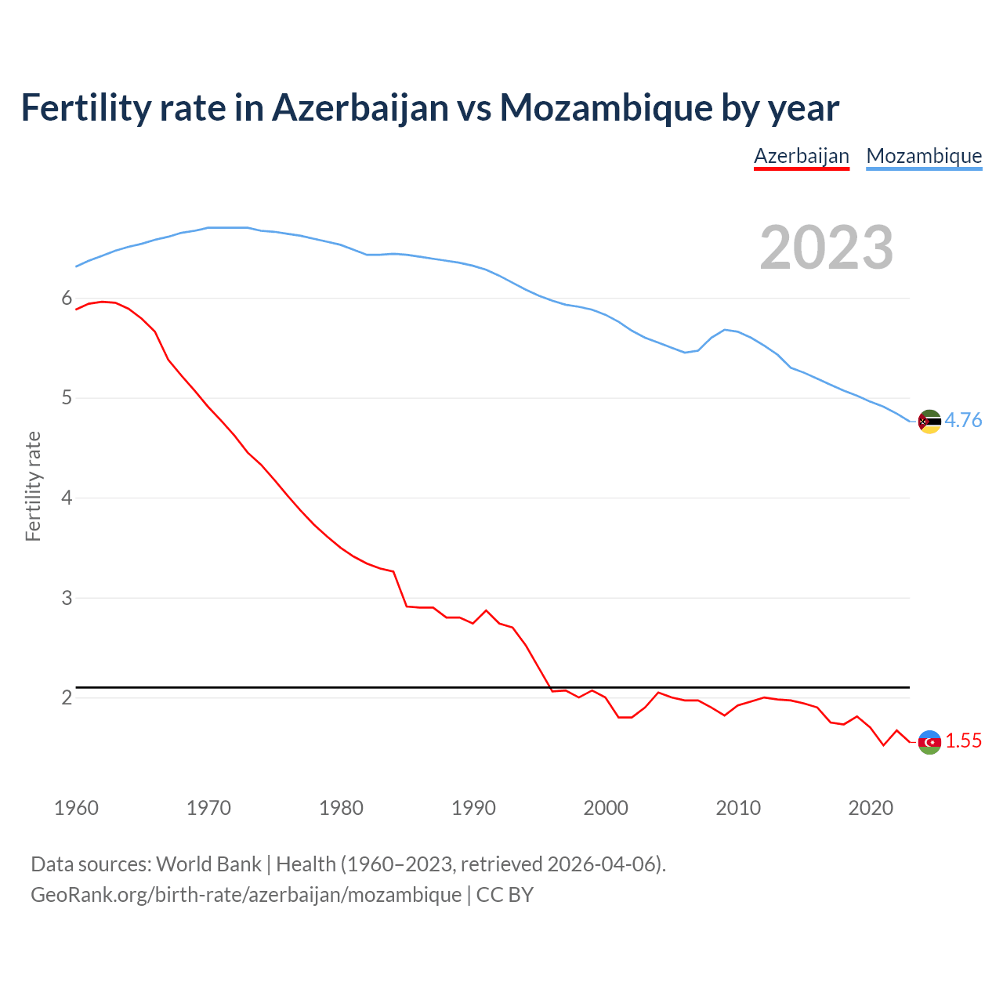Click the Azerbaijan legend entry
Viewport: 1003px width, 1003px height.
pyautogui.click(x=801, y=156)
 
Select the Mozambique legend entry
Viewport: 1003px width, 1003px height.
pyautogui.click(x=924, y=156)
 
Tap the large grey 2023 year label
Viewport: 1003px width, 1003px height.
pyautogui.click(x=826, y=248)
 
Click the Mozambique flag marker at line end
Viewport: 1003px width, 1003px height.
pyautogui.click(x=929, y=422)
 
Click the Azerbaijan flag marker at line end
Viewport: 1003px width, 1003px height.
pyautogui.click(x=929, y=742)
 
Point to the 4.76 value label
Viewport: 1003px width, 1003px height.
pyautogui.click(x=963, y=421)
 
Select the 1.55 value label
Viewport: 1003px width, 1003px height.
pyautogui.click(x=963, y=741)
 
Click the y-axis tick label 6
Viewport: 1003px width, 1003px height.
pyautogui.click(x=67, y=299)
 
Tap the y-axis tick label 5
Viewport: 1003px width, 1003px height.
pyautogui.click(x=67, y=398)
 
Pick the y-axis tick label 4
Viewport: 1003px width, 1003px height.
pyautogui.click(x=67, y=498)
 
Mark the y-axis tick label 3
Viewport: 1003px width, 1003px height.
pyautogui.click(x=67, y=598)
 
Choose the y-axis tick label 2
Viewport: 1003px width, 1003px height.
pyautogui.click(x=67, y=697)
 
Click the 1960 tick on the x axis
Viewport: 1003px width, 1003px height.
pyautogui.click(x=76, y=808)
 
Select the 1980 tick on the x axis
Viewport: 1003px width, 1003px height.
pyautogui.click(x=341, y=808)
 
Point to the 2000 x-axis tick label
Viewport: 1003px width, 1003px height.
pyautogui.click(x=606, y=808)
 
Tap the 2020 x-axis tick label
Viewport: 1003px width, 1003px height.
pyautogui.click(x=871, y=808)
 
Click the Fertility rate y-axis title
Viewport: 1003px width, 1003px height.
pyautogui.click(x=33, y=486)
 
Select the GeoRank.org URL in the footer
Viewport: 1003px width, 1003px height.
pyautogui.click(x=246, y=895)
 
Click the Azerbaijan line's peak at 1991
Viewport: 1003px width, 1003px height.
pyautogui.click(x=486, y=610)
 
